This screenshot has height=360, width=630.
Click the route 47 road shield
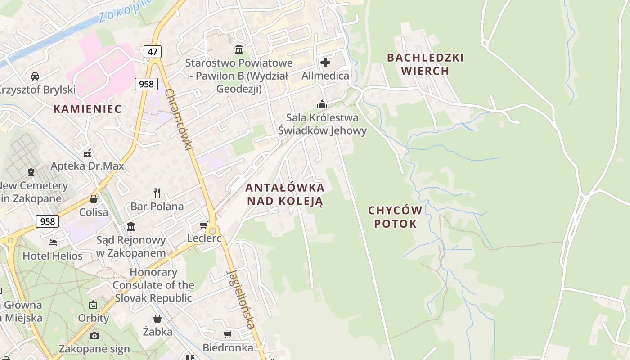point(153,52)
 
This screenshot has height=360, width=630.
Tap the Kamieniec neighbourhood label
point(87,108)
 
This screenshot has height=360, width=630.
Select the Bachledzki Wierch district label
point(425,64)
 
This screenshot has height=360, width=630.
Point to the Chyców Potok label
point(395,217)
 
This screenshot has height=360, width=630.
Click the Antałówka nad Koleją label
point(285,194)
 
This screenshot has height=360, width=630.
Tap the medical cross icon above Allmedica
point(325,62)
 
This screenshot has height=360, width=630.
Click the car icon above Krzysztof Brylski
point(35,76)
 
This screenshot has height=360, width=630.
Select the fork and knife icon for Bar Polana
point(157,193)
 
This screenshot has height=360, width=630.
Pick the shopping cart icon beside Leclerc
point(203,225)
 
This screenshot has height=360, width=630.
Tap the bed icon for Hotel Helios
point(53,243)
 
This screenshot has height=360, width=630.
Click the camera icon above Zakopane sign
point(94,336)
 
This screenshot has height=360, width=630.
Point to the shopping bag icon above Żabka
point(157,319)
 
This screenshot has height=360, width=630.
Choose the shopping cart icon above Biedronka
point(228,334)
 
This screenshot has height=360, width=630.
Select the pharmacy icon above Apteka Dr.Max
point(87,153)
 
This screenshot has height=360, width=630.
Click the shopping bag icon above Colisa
point(94,198)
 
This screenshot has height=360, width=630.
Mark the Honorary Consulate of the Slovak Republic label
point(153,285)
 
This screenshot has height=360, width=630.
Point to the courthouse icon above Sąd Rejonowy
point(131,226)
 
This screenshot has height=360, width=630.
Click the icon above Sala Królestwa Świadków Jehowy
point(322,104)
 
